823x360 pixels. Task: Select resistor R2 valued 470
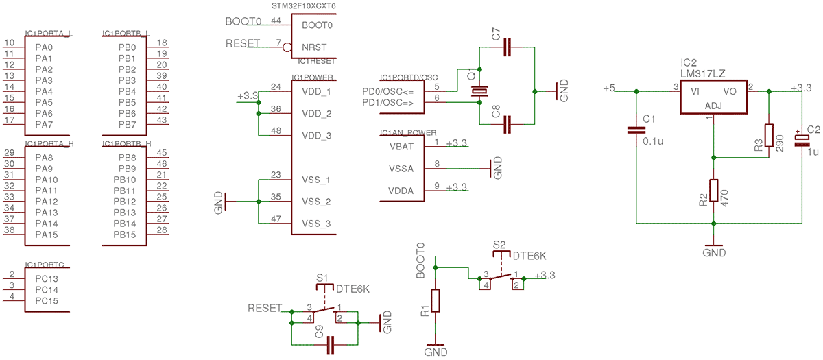pos(714,191)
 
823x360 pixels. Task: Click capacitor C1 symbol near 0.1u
pos(637,130)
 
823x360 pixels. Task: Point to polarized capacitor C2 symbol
pos(802,139)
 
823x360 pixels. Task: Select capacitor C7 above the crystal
pos(507,47)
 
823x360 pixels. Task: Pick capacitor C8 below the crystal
pos(507,124)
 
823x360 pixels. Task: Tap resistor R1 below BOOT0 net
pos(435,301)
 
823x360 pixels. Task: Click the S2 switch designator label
pos(499,245)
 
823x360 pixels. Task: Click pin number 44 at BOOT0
pos(276,21)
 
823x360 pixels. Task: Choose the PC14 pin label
pos(47,290)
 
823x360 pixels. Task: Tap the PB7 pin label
pos(127,124)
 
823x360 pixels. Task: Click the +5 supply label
pos(609,88)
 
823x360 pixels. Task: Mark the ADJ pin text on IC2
pos(713,106)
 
